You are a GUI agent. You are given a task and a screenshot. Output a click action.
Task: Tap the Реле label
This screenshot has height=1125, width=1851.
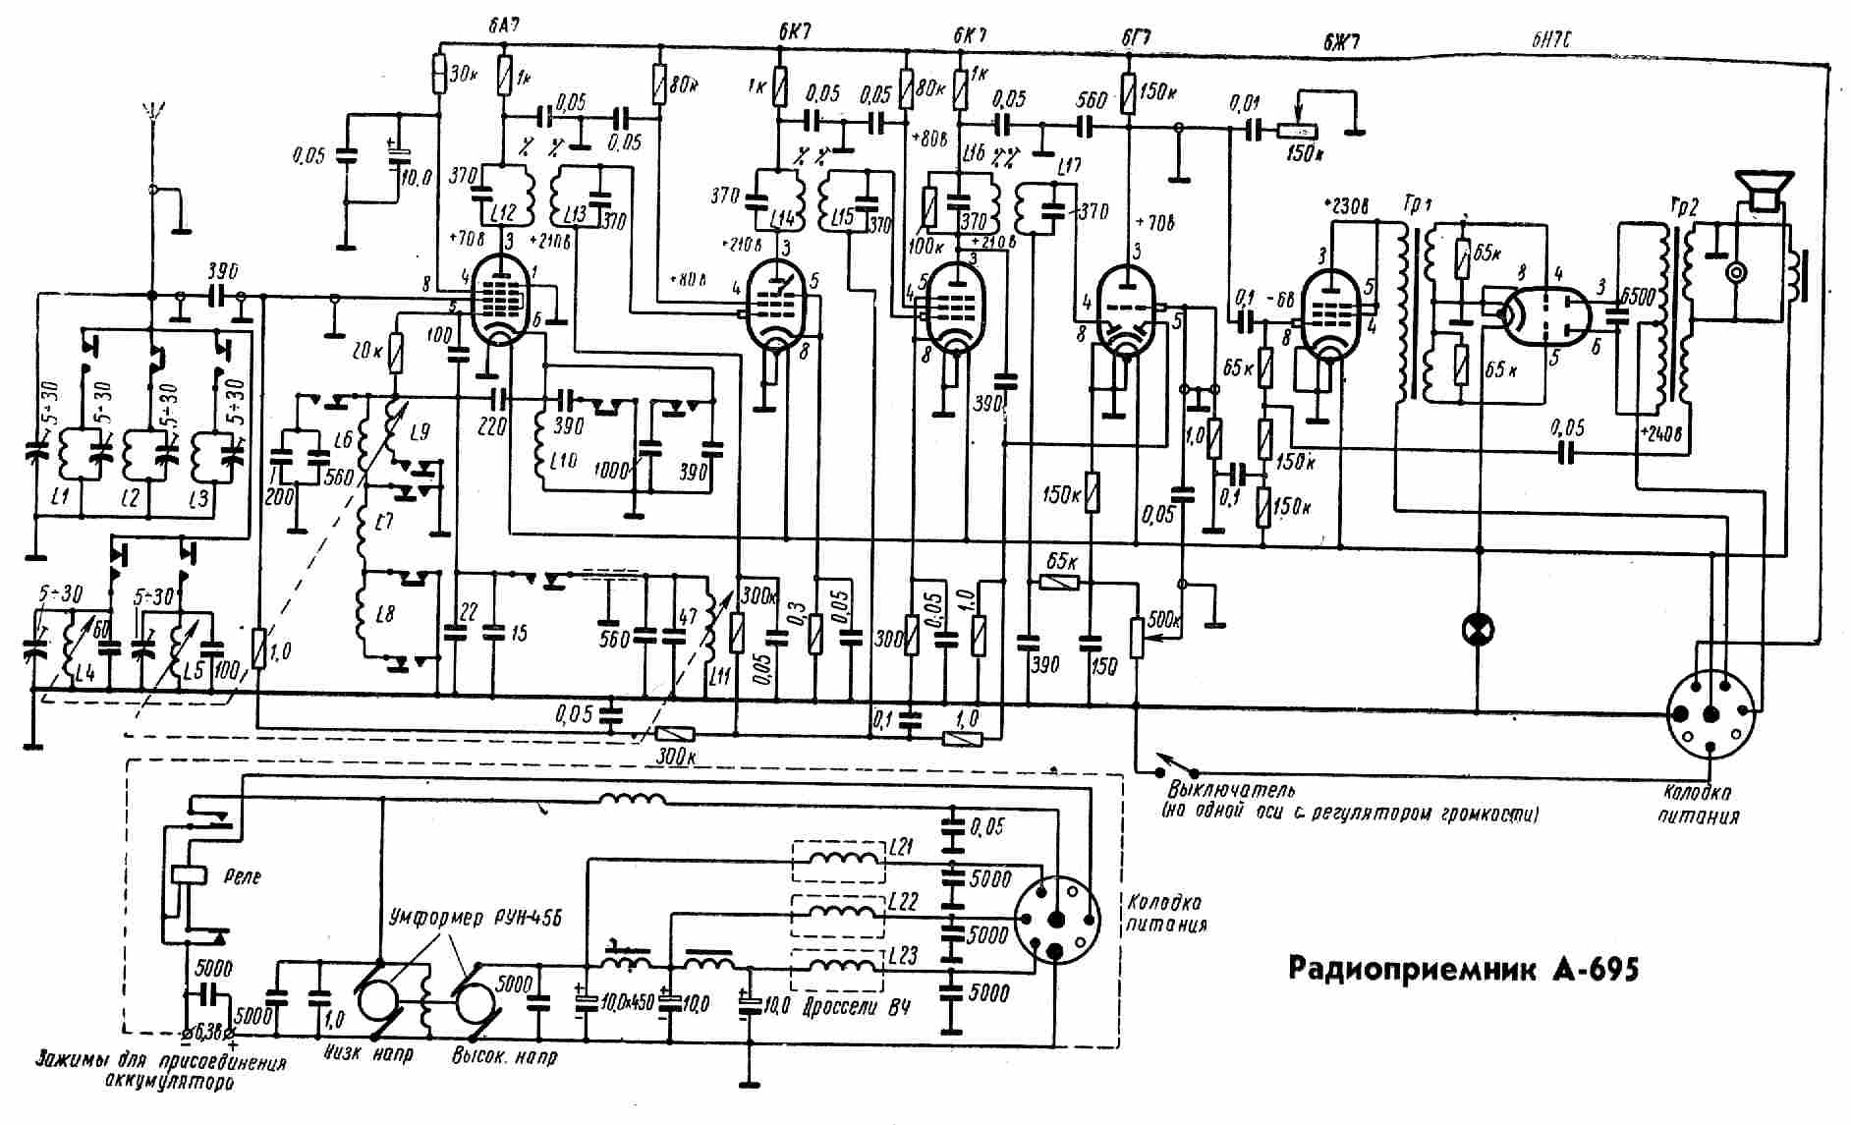(242, 876)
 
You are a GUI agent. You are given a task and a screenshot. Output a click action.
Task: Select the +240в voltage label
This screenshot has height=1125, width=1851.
(1660, 433)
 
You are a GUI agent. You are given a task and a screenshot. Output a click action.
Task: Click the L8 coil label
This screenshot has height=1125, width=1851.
(384, 615)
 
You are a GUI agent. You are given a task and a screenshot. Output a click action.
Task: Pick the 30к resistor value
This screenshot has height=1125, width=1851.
(462, 74)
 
